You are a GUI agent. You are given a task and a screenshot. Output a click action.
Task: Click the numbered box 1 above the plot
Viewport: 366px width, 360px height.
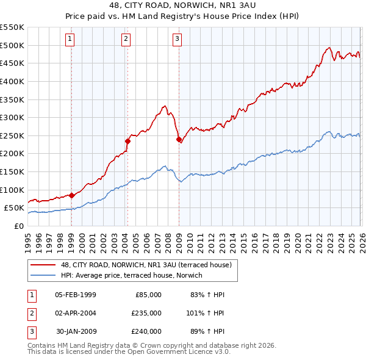71,40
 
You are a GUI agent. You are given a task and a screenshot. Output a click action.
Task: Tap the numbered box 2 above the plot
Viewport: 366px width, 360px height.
126,40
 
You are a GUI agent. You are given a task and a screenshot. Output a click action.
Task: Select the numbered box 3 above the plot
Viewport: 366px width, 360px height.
178,40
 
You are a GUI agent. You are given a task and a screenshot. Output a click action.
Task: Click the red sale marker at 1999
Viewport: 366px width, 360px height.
71,195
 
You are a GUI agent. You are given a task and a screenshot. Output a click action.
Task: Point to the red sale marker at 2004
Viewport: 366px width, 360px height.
127,141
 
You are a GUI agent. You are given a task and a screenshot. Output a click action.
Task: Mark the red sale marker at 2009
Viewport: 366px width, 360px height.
179,139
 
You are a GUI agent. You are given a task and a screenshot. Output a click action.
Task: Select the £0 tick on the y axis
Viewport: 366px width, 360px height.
18,226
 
